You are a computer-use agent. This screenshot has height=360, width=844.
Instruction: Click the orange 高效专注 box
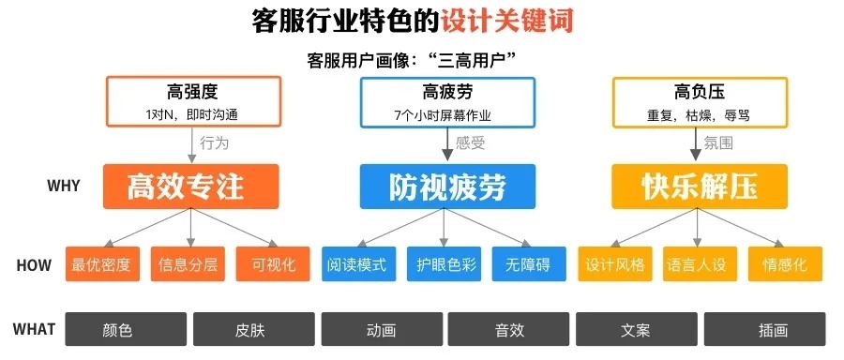(x=191, y=187)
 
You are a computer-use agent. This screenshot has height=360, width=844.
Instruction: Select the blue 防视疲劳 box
(x=447, y=187)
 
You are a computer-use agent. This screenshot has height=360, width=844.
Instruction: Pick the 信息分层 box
(x=189, y=264)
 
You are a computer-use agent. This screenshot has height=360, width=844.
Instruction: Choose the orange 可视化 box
(x=274, y=264)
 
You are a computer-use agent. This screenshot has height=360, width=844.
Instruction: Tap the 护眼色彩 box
(x=445, y=264)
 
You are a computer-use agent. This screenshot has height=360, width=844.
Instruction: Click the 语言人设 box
(x=699, y=264)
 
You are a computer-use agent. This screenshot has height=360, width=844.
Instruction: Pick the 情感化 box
(x=784, y=264)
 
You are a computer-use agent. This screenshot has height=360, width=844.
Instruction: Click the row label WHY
(x=63, y=187)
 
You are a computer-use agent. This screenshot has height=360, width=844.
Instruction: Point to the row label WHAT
(x=36, y=330)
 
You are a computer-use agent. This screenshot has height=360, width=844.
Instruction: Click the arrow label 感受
(x=470, y=143)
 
